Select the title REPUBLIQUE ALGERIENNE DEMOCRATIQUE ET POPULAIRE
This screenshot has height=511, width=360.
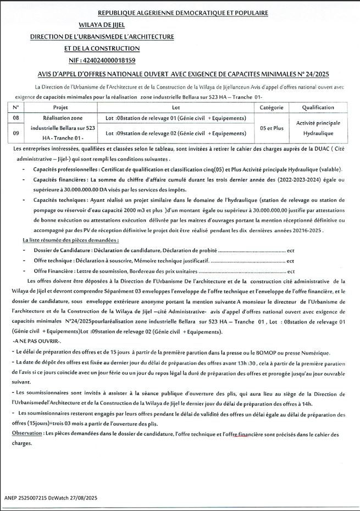click(183, 12)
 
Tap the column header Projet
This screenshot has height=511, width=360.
click(60, 107)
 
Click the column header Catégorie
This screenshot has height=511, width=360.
click(271, 107)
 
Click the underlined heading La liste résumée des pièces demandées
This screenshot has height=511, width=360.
click(70, 240)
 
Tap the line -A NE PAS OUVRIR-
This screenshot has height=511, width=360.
click(36, 342)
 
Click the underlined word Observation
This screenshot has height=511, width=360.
click(27, 434)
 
